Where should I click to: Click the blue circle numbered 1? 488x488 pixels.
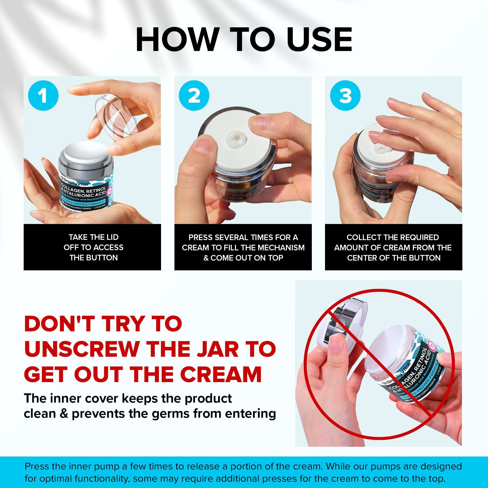(x=43, y=95)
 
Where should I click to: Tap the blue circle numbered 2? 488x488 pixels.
(x=194, y=95)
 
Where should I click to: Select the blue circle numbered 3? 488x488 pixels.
(x=345, y=95)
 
